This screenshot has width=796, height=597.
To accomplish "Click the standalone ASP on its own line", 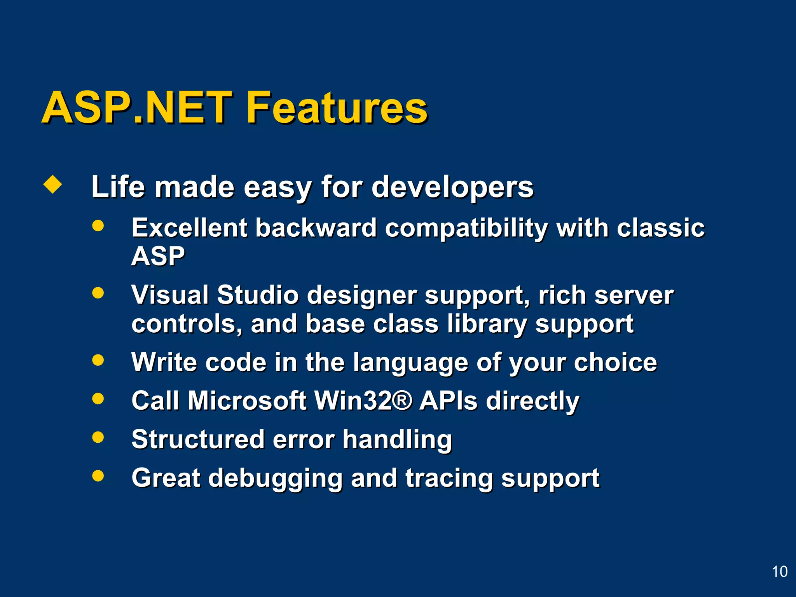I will click(x=158, y=256).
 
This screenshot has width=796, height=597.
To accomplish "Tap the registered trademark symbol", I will click(x=402, y=400).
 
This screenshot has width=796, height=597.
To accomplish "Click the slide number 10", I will click(x=779, y=572).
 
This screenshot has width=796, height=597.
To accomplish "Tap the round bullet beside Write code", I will click(x=98, y=360).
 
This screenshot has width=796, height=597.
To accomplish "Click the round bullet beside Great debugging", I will click(x=98, y=476).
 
